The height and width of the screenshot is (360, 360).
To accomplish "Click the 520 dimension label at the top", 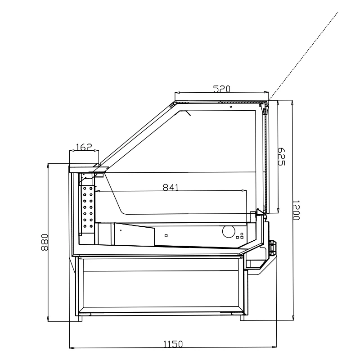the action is (x=221, y=89).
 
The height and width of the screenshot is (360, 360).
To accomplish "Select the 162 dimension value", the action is (x=84, y=147).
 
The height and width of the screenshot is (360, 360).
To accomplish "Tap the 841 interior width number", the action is (x=171, y=187).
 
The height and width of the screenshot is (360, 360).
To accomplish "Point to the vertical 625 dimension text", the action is (x=281, y=157).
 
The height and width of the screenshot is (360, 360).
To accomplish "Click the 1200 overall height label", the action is (x=296, y=210).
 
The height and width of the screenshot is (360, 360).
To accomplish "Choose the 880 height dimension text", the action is (x=44, y=242).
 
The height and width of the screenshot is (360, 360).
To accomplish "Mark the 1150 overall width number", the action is (x=173, y=344).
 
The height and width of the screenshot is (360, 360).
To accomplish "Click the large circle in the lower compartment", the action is (x=229, y=231).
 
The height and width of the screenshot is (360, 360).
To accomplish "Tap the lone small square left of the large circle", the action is (x=166, y=235).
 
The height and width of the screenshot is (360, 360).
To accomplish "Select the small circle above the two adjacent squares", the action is (x=242, y=234).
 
